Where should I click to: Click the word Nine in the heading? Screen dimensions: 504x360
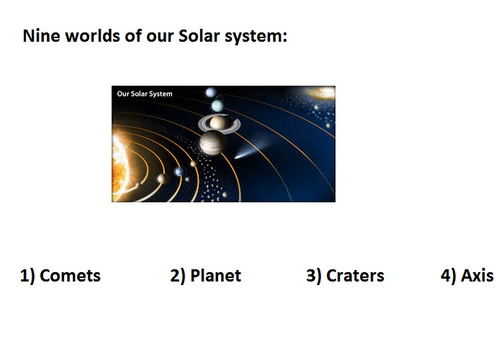tap(42, 36)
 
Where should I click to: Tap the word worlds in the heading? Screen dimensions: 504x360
tap(93, 36)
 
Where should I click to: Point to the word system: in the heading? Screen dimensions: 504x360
tap(256, 37)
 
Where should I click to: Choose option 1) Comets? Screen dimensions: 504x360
tap(60, 276)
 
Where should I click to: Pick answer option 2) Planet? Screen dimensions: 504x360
tap(206, 276)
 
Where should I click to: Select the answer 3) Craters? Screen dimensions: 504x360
tap(345, 276)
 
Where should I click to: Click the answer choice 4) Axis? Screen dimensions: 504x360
tap(467, 276)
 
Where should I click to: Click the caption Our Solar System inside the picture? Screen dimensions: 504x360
tap(145, 94)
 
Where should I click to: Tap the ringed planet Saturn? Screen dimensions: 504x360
tap(219, 123)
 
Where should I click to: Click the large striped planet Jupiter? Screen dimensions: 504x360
tap(212, 143)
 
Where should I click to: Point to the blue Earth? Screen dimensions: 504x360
tap(179, 172)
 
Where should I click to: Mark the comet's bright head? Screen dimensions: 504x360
tap(238, 157)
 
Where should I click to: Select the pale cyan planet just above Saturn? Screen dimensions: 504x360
tap(217, 105)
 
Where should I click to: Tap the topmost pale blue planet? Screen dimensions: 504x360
tap(210, 93)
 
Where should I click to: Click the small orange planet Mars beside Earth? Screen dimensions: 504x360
tap(193, 164)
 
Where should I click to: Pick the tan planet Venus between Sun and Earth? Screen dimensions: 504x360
tap(162, 179)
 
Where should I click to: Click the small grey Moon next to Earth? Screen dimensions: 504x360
tap(187, 179)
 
